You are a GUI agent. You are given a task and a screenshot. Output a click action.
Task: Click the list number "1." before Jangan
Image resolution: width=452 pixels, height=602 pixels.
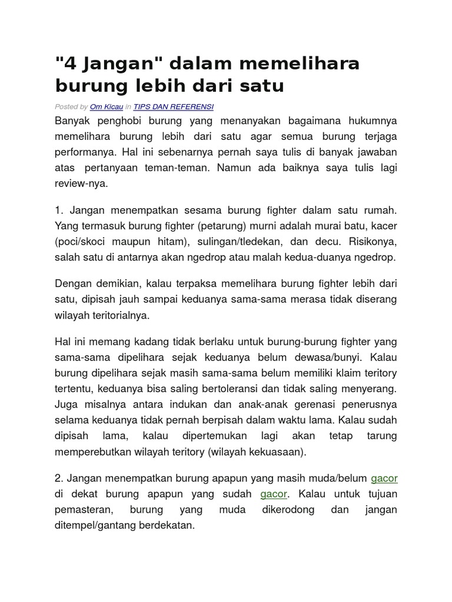click(59, 210)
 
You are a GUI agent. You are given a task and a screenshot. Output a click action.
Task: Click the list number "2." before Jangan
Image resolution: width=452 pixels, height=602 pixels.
click(59, 478)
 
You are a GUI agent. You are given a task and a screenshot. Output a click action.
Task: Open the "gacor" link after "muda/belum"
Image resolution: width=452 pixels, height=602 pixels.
click(384, 478)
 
